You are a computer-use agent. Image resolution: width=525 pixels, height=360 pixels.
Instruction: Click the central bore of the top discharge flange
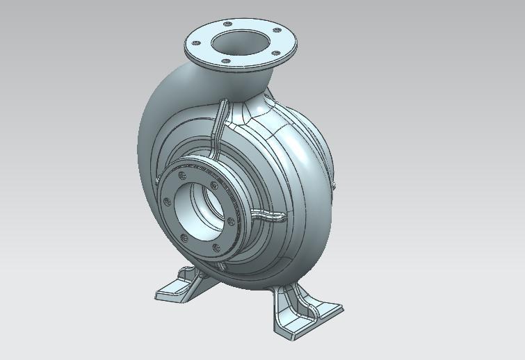[239, 41]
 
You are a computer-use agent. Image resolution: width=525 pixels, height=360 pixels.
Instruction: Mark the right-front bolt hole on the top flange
[276, 53]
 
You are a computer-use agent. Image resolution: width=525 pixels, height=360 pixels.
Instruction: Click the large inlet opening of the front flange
[197, 211]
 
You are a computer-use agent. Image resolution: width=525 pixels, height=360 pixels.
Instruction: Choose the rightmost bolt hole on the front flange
[231, 222]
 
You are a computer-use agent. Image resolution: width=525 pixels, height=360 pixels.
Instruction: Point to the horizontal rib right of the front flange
[268, 216]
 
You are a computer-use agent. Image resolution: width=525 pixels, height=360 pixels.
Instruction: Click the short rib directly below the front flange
[221, 265]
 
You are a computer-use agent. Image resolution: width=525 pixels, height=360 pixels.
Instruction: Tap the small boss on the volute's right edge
[333, 185]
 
